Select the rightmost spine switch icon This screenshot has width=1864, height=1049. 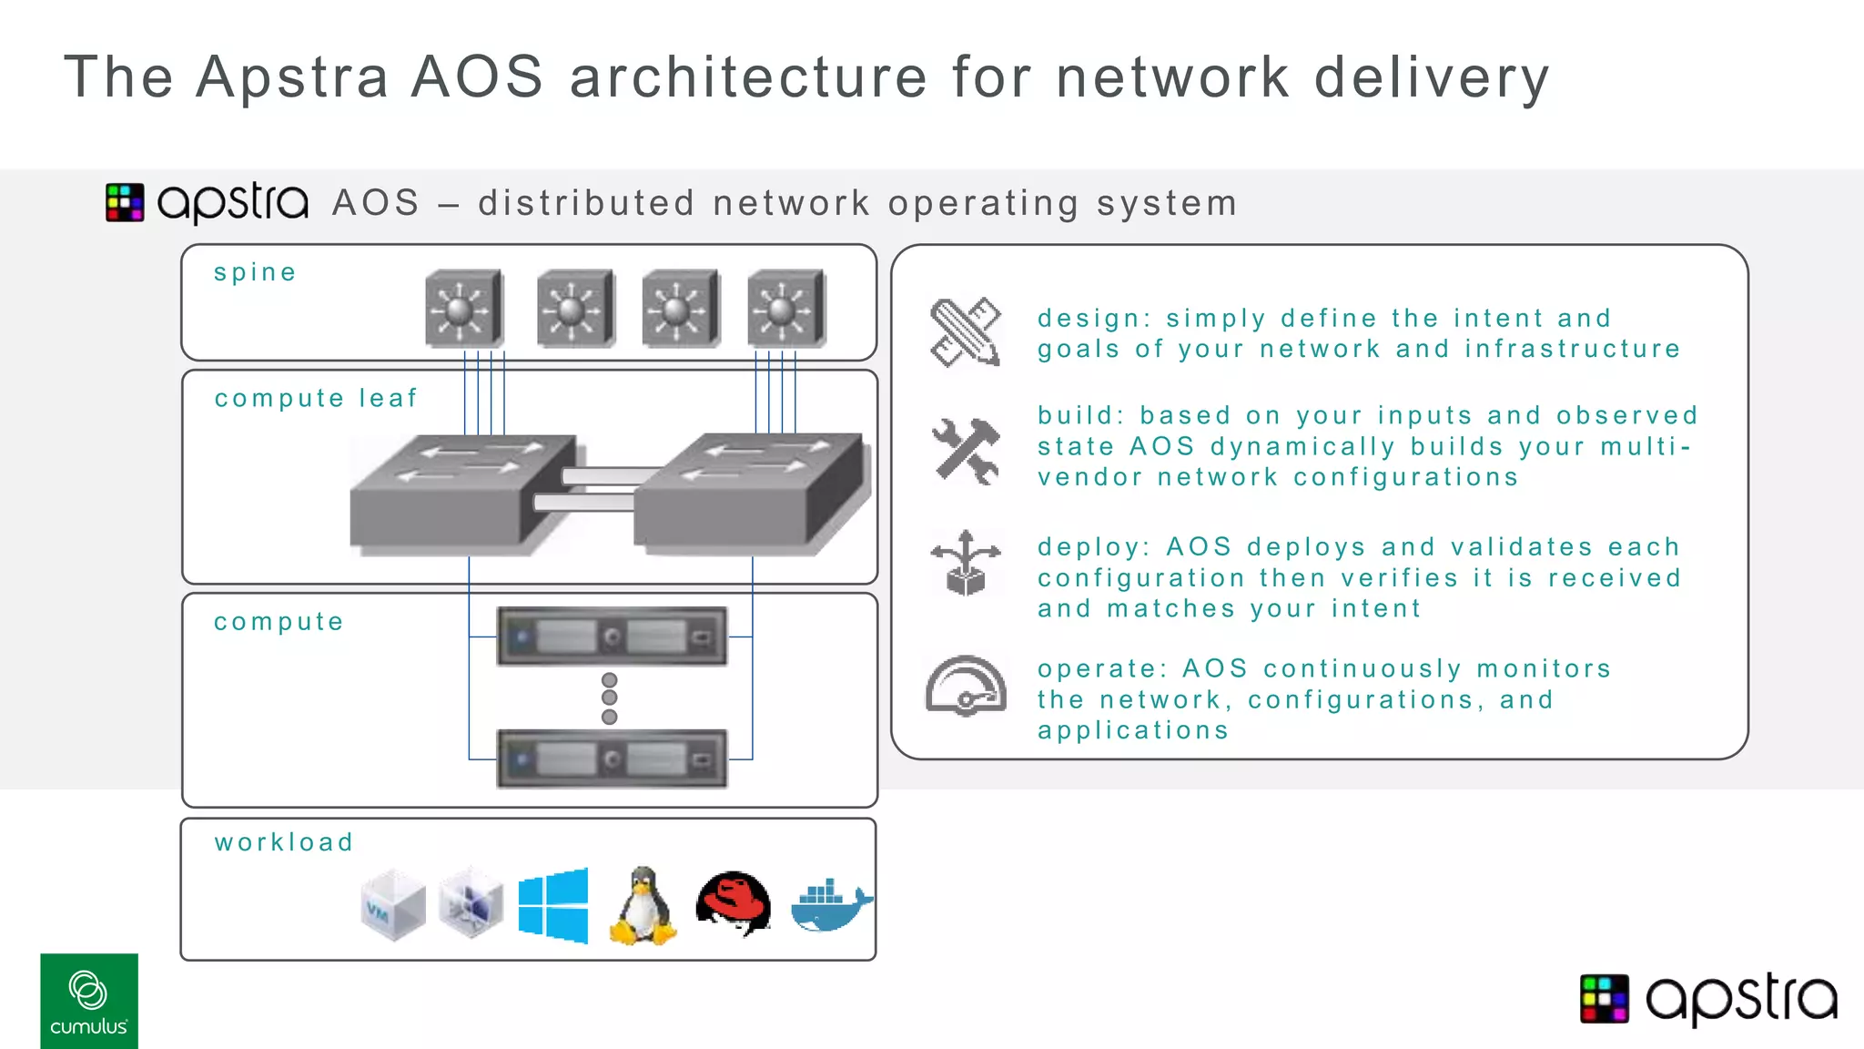[x=786, y=309]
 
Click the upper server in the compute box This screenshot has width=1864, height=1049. [x=612, y=637]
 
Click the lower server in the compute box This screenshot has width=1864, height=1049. [x=612, y=759]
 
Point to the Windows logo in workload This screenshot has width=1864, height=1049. [x=553, y=905]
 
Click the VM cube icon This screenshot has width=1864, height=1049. [x=392, y=905]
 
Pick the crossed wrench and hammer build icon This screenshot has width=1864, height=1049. [x=966, y=450]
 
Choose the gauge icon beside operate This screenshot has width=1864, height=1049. [x=966, y=687]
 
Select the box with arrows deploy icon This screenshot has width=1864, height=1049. [x=966, y=564]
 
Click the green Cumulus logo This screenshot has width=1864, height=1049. [x=89, y=1001]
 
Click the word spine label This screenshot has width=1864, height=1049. [x=255, y=273]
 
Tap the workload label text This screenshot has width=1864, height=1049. [x=284, y=842]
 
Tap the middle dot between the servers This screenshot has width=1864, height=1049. [x=610, y=698]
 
